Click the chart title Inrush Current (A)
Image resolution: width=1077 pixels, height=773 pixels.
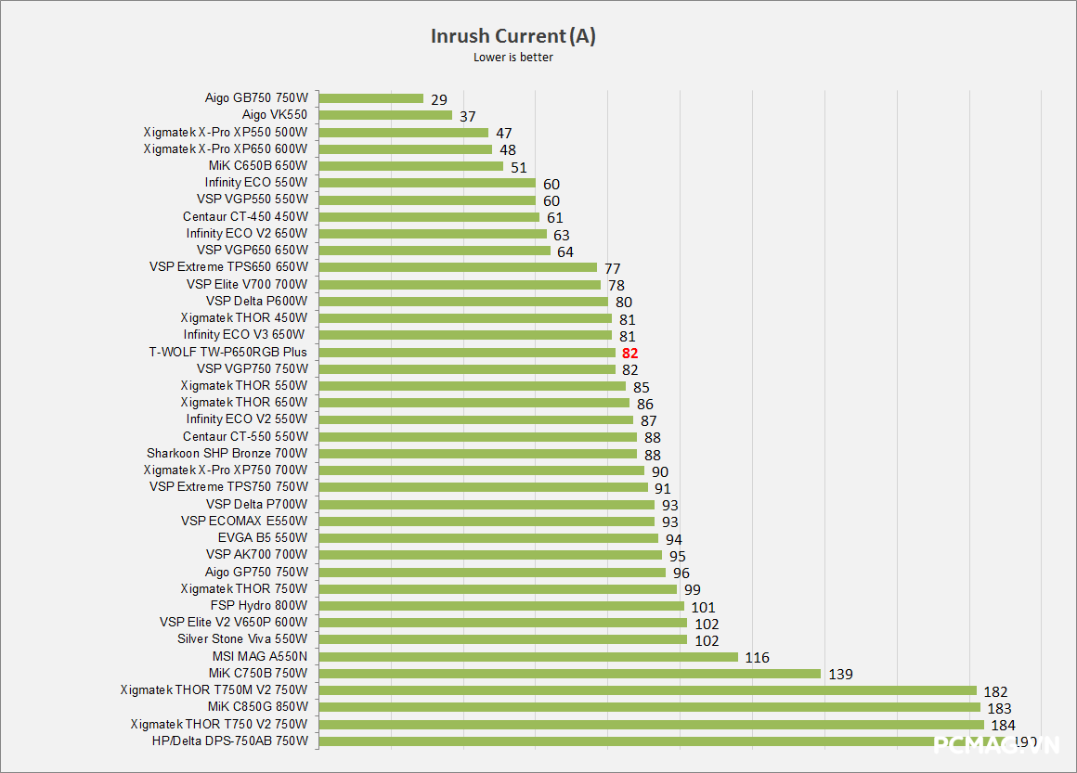[513, 36]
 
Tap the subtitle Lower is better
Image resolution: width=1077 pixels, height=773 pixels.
[513, 58]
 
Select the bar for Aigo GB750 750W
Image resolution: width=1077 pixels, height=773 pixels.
[371, 98]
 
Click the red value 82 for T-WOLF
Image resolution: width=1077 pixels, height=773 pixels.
[630, 353]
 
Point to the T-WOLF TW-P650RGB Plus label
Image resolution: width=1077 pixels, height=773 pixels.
[227, 353]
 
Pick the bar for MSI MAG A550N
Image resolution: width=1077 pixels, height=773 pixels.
[528, 657]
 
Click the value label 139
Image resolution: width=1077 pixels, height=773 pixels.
[840, 675]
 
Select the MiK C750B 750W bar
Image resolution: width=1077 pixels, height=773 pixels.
[570, 674]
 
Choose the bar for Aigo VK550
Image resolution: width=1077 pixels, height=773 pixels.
[385, 115]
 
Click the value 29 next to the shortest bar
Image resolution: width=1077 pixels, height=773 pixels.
[439, 99]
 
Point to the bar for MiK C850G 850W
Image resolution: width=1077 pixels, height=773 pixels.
[650, 707]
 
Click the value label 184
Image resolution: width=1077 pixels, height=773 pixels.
[1004, 726]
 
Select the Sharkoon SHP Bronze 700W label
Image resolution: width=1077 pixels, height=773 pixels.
[227, 454]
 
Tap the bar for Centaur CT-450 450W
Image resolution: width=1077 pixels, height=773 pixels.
[429, 217]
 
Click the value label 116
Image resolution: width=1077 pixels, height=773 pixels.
[757, 658]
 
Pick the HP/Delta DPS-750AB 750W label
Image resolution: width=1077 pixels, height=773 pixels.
[229, 741]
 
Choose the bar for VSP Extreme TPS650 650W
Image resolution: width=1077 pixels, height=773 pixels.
[458, 267]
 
